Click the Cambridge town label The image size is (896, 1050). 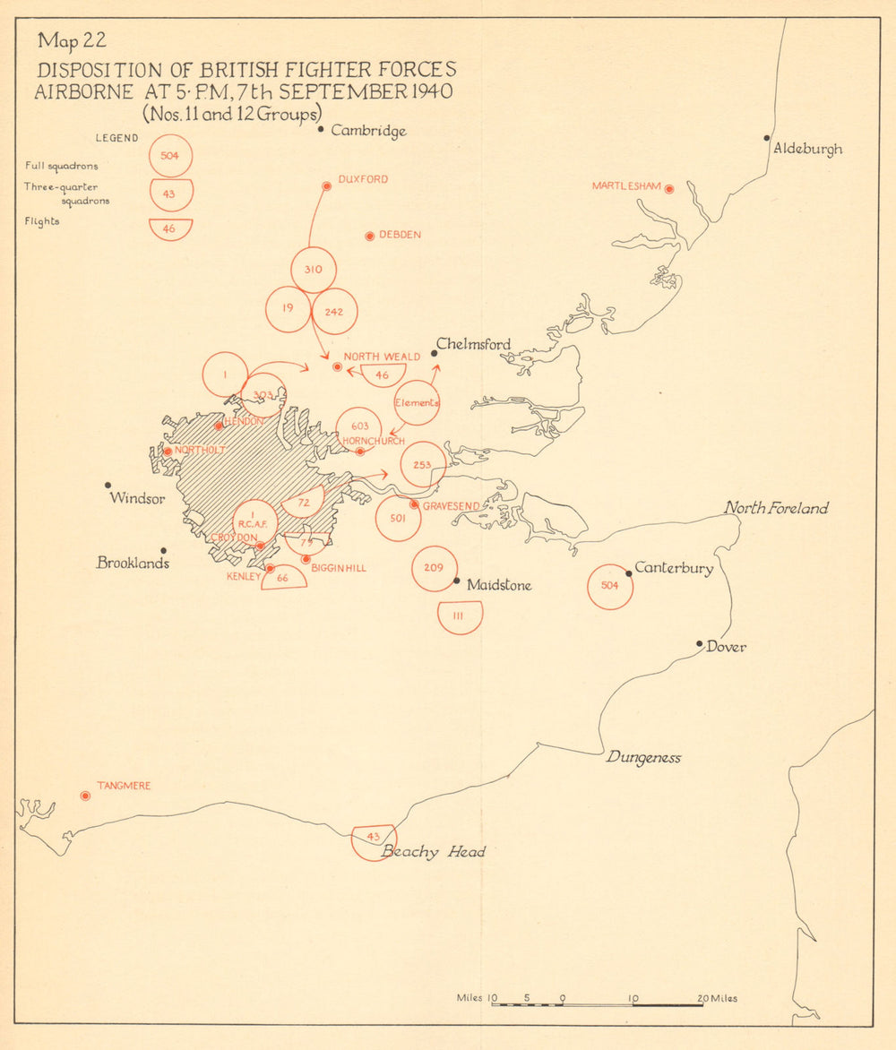tap(368, 131)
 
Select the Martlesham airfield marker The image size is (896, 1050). tap(668, 189)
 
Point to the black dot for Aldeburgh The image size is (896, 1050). tap(767, 138)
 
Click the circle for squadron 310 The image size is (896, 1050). tap(314, 270)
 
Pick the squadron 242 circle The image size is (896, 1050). tap(335, 311)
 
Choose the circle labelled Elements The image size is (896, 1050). tap(417, 402)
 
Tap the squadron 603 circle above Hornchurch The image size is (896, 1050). tap(359, 427)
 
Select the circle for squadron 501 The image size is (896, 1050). tap(398, 519)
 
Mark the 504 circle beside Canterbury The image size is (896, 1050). tap(610, 587)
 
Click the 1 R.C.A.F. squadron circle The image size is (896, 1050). tap(255, 521)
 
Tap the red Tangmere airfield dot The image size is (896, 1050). tap(85, 796)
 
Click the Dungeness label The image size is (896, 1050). tap(643, 758)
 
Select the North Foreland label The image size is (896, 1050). tap(776, 509)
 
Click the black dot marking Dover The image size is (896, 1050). tap(700, 643)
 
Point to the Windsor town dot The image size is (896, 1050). tap(108, 485)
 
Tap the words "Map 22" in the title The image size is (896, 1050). tap(71, 41)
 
